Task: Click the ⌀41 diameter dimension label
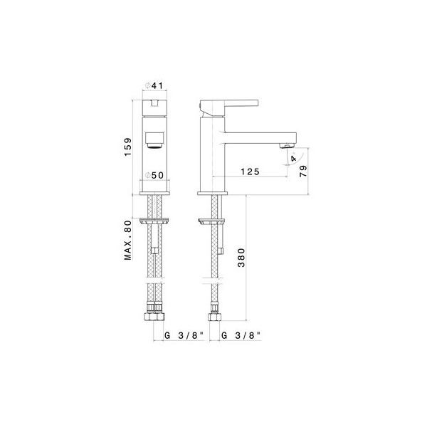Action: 154,86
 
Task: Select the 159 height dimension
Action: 127,147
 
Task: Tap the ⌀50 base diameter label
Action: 154,175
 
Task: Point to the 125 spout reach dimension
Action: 250,172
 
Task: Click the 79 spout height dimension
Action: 303,171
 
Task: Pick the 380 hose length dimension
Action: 241,258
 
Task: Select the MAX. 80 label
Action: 127,241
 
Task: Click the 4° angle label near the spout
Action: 293,158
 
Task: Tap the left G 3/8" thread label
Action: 184,335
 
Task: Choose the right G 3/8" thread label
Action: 241,335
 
